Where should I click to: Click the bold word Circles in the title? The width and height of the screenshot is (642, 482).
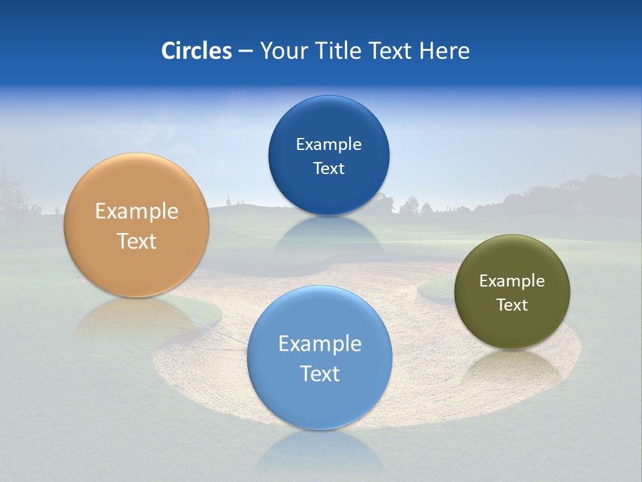(x=197, y=51)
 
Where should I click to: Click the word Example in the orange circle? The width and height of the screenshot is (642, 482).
(x=136, y=212)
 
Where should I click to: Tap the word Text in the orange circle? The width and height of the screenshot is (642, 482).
(x=136, y=241)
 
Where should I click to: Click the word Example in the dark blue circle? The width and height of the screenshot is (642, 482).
(x=329, y=145)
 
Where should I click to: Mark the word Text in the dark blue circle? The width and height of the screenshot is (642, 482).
(x=329, y=168)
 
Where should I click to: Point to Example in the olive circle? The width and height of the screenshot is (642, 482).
(x=512, y=281)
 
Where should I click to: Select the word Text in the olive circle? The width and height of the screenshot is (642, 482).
(x=512, y=305)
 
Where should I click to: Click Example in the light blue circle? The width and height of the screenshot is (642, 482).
(x=320, y=344)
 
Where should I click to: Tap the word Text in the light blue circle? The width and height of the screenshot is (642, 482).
(x=320, y=374)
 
